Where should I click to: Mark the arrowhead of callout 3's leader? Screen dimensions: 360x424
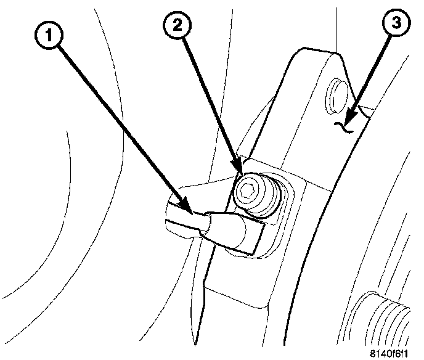(349, 117)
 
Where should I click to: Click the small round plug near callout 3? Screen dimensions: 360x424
(337, 92)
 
